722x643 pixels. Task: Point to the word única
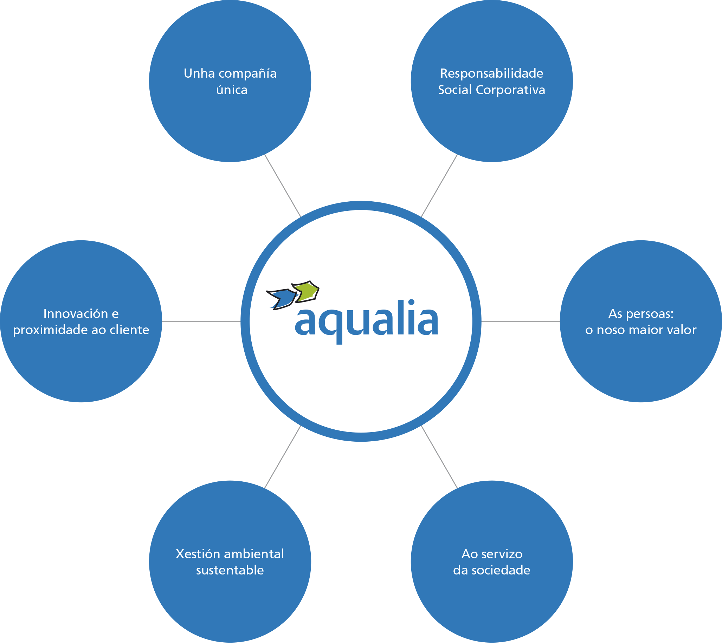coord(232,90)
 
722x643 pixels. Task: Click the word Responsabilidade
coord(491,73)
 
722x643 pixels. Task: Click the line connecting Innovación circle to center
coord(201,321)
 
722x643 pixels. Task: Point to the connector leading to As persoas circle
coord(521,321)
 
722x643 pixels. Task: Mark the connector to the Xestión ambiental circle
coord(283,457)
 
